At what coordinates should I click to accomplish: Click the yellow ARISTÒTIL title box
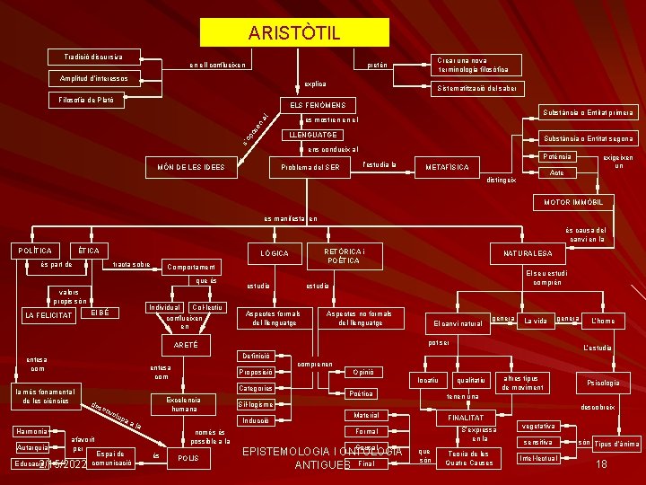tap(294, 33)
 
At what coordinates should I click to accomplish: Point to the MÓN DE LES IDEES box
tap(190, 166)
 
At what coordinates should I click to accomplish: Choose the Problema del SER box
tap(310, 168)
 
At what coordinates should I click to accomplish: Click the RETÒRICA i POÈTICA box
tap(344, 255)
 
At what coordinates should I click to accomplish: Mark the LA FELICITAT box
tap(48, 314)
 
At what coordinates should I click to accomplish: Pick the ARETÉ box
tap(185, 345)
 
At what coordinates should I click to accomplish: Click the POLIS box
tap(188, 457)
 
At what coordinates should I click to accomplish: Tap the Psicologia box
tap(603, 383)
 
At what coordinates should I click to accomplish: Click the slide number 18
tap(603, 463)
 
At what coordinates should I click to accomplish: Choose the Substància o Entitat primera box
tap(587, 113)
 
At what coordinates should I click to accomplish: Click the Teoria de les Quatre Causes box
tap(468, 458)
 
